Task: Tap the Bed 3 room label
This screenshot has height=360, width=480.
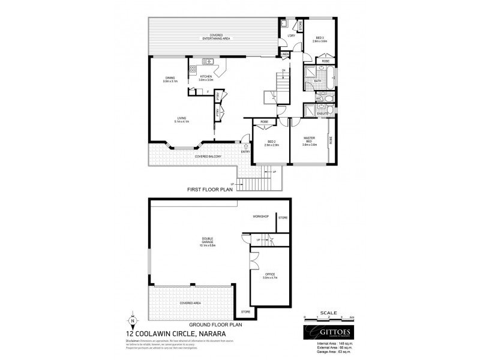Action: [x=319, y=39]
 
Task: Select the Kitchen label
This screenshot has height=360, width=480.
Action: [x=206, y=78]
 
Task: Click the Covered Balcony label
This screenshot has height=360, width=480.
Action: [x=208, y=157]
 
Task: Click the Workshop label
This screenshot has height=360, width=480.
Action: [x=260, y=216]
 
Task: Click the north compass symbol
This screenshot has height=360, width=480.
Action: [x=134, y=321]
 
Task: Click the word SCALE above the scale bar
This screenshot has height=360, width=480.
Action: [x=329, y=313]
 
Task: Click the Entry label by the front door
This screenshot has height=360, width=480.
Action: [x=245, y=152]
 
